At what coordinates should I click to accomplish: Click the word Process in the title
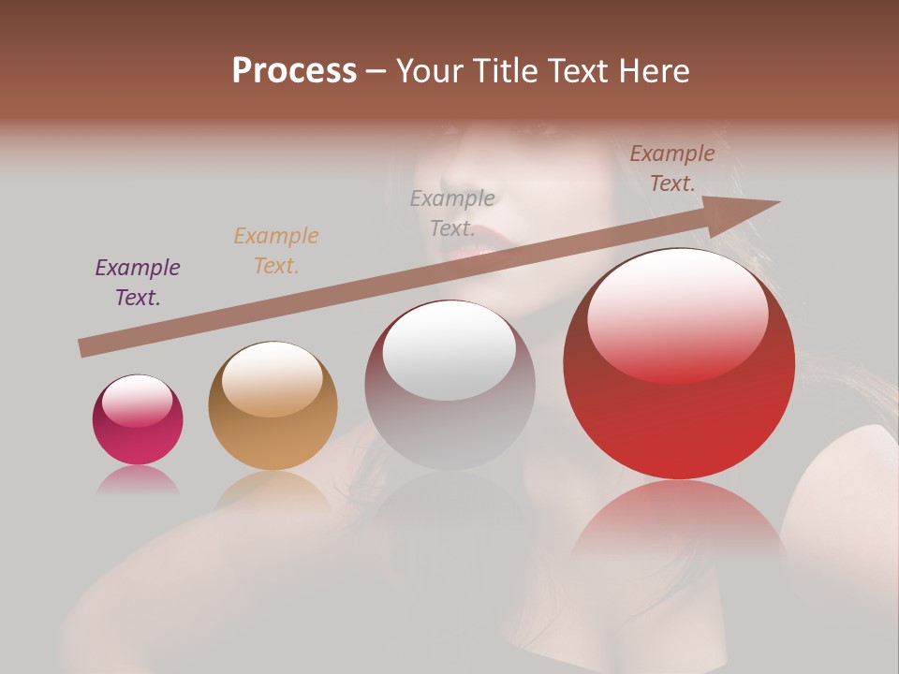(x=294, y=71)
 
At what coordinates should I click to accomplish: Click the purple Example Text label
(x=138, y=283)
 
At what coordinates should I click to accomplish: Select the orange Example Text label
(x=276, y=251)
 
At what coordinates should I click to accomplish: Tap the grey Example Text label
(x=452, y=213)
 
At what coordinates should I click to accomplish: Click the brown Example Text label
(x=672, y=168)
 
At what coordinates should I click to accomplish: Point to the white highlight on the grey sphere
(x=449, y=351)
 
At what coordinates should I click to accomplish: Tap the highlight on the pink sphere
(x=137, y=401)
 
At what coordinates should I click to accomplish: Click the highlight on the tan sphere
(x=272, y=378)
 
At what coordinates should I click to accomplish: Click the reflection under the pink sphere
(x=138, y=480)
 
